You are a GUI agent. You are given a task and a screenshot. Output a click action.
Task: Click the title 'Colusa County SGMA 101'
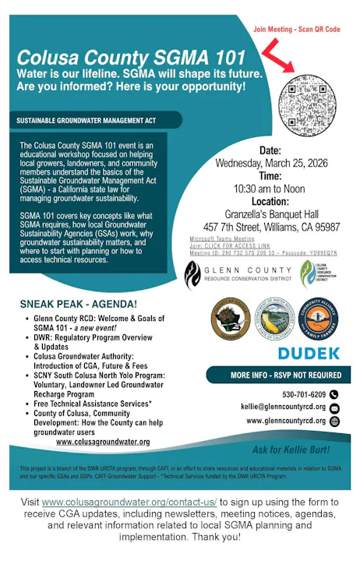[131, 57]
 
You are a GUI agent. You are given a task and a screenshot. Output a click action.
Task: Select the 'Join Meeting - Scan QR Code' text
[297, 29]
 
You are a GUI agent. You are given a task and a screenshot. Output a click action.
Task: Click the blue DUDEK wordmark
[308, 353]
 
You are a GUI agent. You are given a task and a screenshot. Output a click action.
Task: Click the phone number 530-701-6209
[304, 394]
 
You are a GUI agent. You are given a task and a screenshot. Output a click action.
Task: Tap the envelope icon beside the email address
[334, 408]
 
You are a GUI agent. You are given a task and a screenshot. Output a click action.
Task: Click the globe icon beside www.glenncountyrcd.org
[334, 421]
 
